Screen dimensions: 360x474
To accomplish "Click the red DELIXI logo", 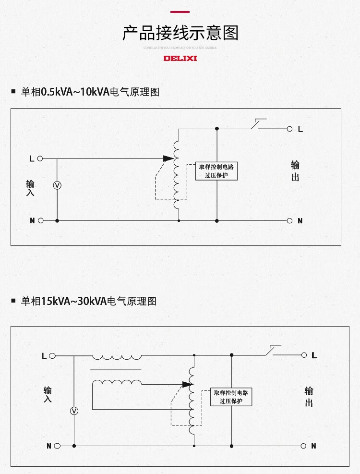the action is [x=180, y=59].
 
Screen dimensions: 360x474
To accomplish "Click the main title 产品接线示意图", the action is [x=180, y=33].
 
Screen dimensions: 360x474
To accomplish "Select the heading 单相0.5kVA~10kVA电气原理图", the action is [x=90, y=91].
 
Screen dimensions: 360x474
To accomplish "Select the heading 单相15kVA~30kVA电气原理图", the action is [x=89, y=302].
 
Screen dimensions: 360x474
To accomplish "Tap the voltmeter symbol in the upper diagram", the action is [x=57, y=185].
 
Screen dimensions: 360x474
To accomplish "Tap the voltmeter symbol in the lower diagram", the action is [x=74, y=411].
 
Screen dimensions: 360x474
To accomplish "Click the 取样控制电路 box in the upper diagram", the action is [x=216, y=171].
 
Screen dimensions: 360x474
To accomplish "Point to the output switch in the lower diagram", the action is [x=272, y=351].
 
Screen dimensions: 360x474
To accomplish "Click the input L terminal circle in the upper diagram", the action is [x=40, y=158].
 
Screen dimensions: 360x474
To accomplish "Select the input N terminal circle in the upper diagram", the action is [x=40, y=221].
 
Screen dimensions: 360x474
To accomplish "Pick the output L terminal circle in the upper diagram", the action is [x=289, y=129].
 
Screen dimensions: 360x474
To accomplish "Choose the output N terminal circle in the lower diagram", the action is [x=303, y=446].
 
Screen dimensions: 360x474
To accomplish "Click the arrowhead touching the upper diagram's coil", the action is [x=168, y=158].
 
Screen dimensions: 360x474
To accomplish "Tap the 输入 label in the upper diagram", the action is [x=30, y=188].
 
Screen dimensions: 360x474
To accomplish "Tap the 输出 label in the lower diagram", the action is [x=309, y=397].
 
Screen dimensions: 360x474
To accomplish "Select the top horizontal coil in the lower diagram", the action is [x=117, y=357].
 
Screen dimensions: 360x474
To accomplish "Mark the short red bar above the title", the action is [x=180, y=12].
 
